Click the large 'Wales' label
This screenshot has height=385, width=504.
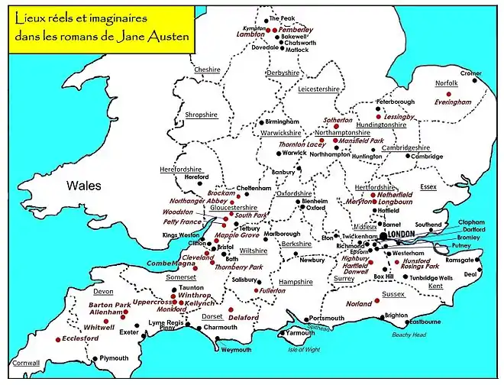click(84, 186)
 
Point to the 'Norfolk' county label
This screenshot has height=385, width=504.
click(446, 82)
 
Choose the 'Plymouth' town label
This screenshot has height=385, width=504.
click(115, 357)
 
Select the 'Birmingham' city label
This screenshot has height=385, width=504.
click(283, 121)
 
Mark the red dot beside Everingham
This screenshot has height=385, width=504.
click(450, 93)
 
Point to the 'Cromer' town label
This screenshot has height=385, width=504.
click(471, 73)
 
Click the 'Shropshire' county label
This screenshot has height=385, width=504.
click(202, 115)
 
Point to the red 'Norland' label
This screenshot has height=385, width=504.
click(359, 303)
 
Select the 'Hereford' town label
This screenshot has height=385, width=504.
click(196, 177)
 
